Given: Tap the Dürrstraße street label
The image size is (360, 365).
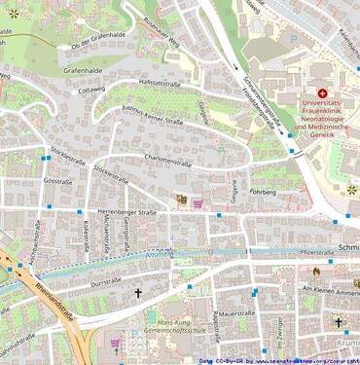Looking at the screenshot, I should click(104, 281).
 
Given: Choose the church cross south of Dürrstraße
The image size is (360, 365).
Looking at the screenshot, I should click(137, 292).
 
